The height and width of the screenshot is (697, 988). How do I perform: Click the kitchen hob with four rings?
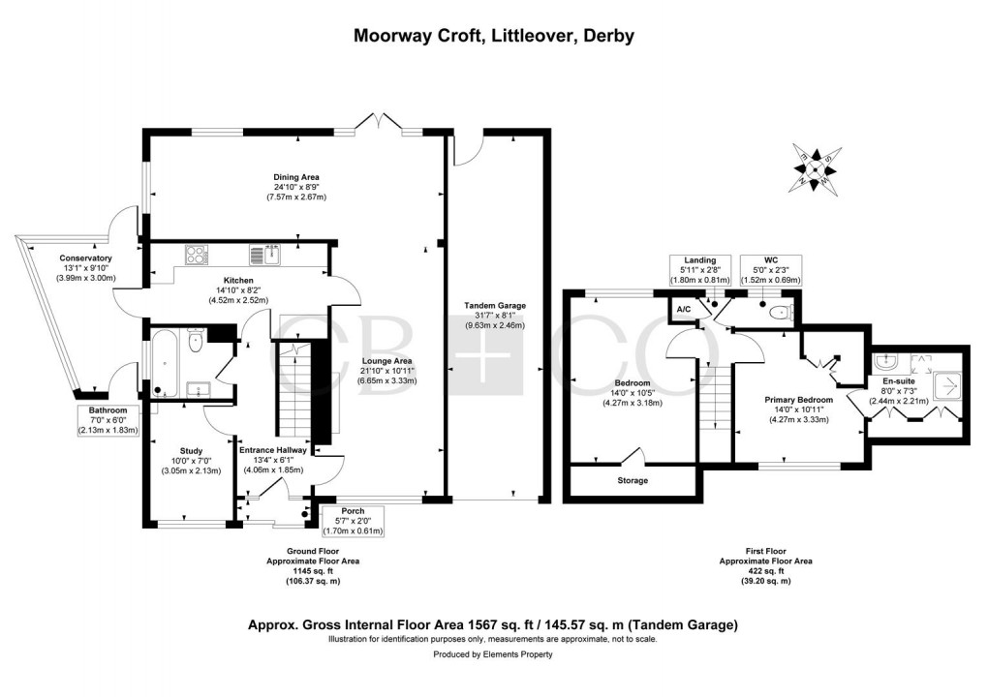197,256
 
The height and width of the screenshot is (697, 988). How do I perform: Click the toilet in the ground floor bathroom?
196,339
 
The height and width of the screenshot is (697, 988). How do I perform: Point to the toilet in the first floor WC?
782,313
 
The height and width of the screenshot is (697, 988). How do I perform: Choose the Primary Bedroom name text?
798,400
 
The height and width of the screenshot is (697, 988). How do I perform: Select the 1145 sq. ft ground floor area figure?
304,571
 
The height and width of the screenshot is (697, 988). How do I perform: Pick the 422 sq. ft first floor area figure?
765,571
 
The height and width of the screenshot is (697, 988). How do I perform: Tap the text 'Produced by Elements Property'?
494,654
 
